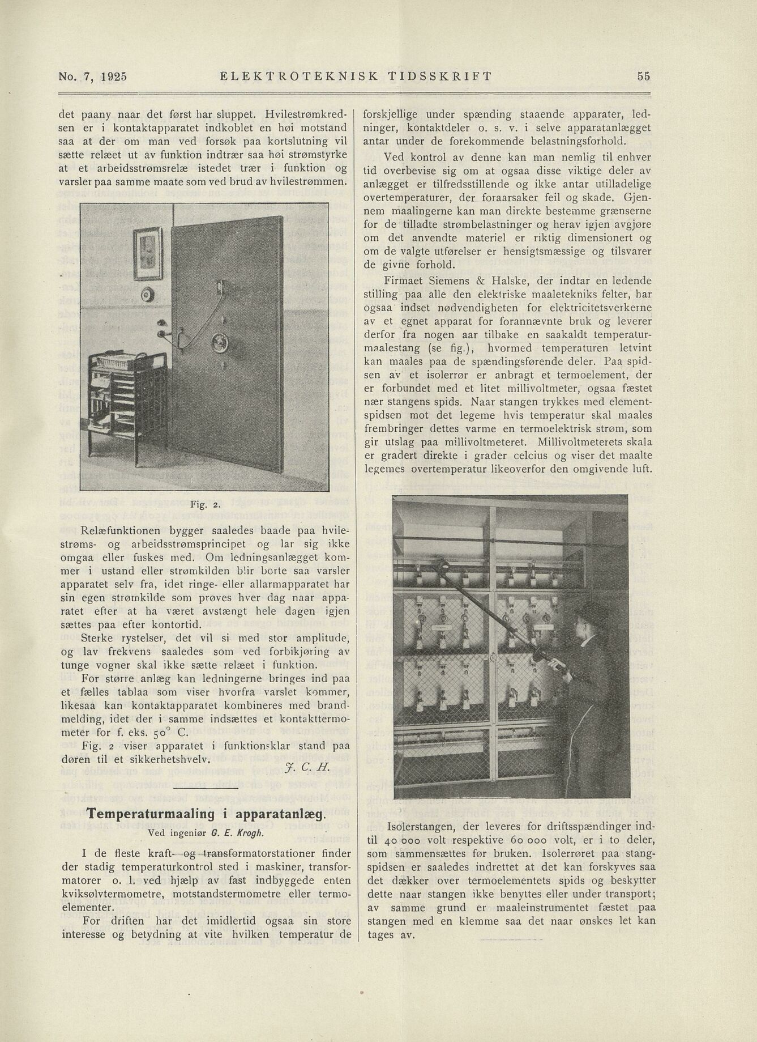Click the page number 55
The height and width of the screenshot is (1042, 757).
pos(643,76)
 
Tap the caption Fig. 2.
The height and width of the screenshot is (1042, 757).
pos(201,503)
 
